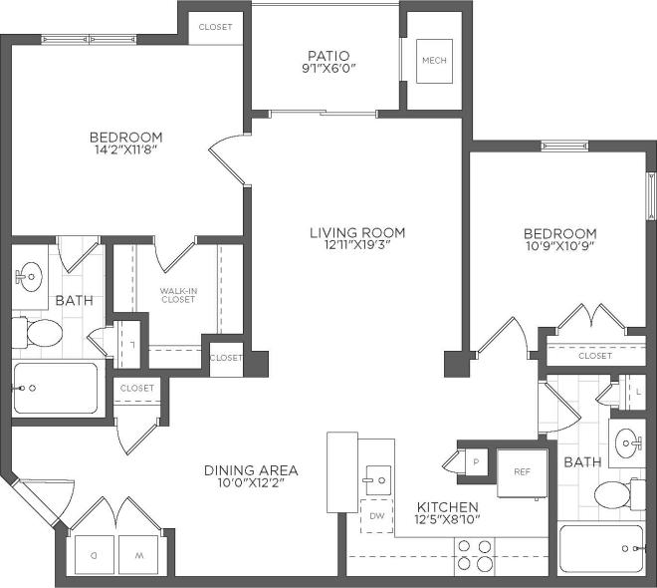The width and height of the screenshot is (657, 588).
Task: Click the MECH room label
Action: point(434,61)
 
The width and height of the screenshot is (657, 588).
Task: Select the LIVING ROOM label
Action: point(357,233)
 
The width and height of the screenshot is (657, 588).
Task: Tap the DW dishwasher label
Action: point(377,516)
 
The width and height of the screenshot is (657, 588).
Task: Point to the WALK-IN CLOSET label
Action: point(178,295)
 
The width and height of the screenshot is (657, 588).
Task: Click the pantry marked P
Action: point(475,461)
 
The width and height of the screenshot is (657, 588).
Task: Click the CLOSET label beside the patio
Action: point(215,27)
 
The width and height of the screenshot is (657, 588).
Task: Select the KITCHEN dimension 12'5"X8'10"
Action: point(447,520)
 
